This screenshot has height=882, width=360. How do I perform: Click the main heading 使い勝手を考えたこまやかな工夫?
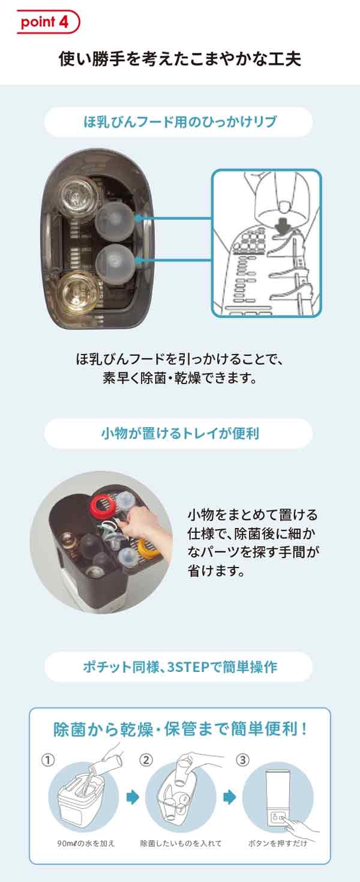180,59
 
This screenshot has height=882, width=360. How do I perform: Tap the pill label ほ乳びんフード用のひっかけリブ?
179,122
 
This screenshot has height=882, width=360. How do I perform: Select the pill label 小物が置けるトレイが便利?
179,433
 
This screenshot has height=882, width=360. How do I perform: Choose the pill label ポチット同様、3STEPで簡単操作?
179,667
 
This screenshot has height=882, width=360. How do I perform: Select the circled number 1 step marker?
48,760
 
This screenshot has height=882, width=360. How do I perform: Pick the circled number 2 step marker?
146,760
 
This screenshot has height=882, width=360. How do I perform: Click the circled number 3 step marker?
242,760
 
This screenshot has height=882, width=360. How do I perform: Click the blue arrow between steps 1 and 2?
133,797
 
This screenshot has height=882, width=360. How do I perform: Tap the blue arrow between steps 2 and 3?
229,797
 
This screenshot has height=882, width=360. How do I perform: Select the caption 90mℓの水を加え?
82,843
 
